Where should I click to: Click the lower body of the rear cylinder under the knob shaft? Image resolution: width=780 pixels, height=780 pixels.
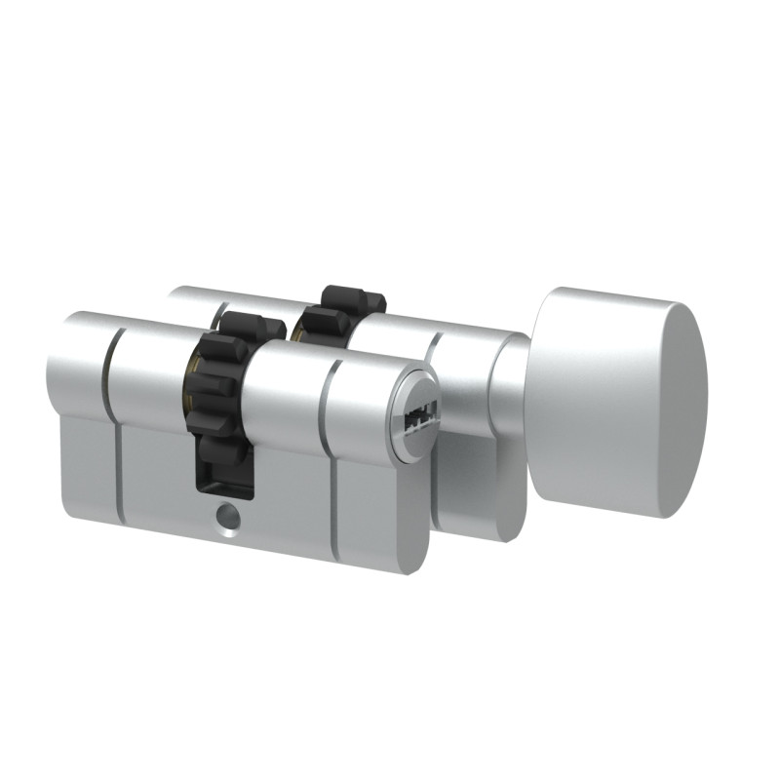pos(478,487)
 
